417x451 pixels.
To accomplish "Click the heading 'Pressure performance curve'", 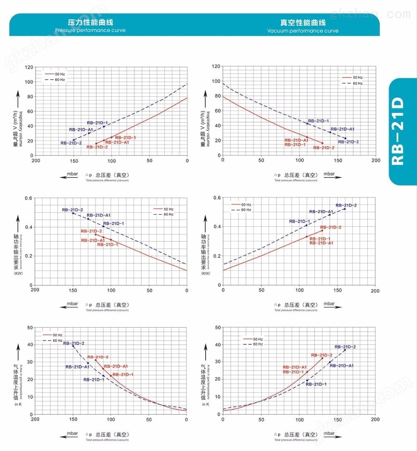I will [x=90, y=30].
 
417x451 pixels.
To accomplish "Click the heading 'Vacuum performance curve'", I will [x=303, y=31].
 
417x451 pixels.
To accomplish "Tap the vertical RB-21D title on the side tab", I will [x=399, y=131].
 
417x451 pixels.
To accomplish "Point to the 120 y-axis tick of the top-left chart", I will [x=29, y=68].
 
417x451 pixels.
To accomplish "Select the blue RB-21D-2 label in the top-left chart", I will [x=71, y=143].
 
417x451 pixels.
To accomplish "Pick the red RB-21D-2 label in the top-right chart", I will [x=324, y=148].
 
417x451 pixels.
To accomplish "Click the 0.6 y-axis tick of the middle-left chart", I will [x=29, y=198].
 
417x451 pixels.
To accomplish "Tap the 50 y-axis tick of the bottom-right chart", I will [x=217, y=328].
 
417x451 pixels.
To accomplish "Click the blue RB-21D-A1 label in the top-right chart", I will [x=342, y=129].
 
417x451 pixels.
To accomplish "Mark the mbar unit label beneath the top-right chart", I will [x=329, y=174].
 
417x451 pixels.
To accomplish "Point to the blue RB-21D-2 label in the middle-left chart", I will [x=73, y=210].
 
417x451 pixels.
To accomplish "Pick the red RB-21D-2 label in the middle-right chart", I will [x=331, y=227].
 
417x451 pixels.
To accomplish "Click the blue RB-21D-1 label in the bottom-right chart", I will [x=316, y=384].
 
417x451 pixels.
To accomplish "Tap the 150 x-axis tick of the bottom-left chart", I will [x=73, y=419].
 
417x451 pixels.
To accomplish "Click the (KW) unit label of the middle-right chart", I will [x=206, y=273].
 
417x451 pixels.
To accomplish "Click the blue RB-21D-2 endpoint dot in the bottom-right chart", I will [x=345, y=350].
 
